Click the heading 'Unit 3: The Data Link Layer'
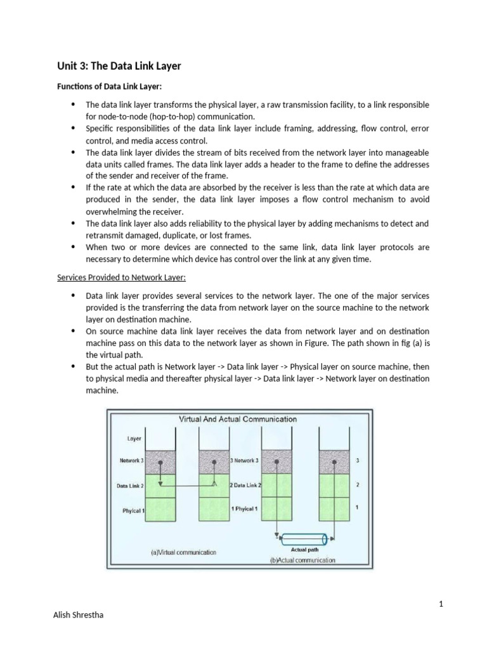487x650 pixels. coord(119,66)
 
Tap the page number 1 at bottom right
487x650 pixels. coord(441,604)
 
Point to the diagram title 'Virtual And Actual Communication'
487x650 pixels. coord(238,419)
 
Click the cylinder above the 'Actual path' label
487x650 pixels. coord(304,540)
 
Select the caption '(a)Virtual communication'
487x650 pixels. coord(183,552)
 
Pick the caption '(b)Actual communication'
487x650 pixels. coord(302,560)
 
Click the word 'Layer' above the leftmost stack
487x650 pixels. coord(134,438)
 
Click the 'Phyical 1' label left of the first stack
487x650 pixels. coord(133,510)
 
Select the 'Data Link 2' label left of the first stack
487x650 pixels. coord(130,486)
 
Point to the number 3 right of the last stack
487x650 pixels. coord(359,461)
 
